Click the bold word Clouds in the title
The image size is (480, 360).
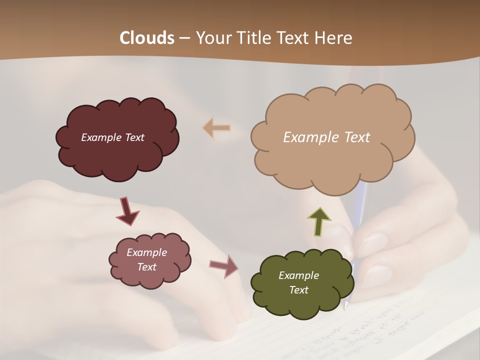click(x=146, y=38)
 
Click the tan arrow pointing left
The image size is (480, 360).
click(x=217, y=128)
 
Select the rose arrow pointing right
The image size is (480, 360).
click(x=224, y=266)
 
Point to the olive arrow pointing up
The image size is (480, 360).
click(x=319, y=221)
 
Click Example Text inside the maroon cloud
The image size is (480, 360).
click(x=112, y=137)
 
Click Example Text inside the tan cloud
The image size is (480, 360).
click(x=326, y=137)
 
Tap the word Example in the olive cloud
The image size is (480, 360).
click(x=298, y=275)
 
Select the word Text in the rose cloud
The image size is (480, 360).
click(x=146, y=267)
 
